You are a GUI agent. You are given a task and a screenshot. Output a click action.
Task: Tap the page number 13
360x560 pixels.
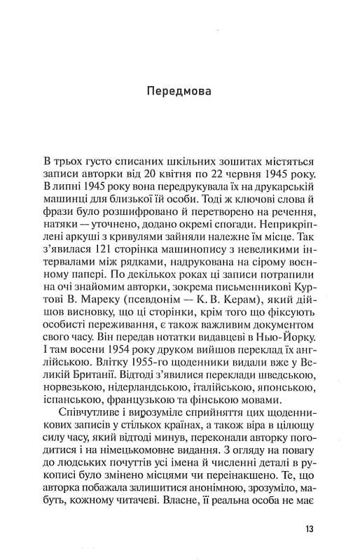[310, 528]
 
